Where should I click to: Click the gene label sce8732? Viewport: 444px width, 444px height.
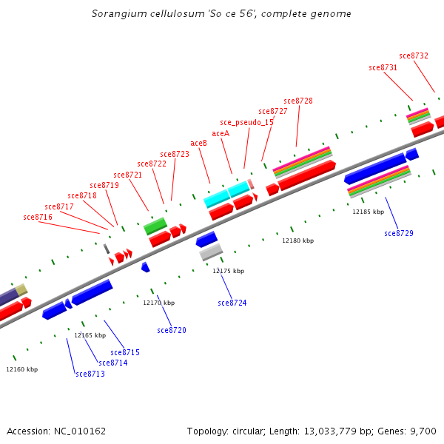coord(414,55)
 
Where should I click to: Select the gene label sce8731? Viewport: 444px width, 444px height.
coord(383,67)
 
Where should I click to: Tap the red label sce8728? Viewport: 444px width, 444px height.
coord(297,101)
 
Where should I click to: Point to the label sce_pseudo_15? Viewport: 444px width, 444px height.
coord(246,122)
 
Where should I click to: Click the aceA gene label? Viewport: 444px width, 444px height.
coord(221,133)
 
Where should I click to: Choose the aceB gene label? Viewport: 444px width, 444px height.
coord(198,143)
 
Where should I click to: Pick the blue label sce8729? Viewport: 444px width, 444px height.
coord(398,233)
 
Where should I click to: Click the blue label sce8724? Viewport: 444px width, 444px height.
coord(232,303)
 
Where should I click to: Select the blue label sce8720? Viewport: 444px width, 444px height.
coord(172,330)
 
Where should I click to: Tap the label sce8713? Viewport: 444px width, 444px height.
coord(90,374)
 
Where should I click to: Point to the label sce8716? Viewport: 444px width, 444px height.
coord(38,217)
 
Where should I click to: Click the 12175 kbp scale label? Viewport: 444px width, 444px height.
coord(228,271)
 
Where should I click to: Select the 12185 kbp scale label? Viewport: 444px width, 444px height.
coord(368,212)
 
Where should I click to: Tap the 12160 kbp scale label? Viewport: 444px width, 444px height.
coord(21,369)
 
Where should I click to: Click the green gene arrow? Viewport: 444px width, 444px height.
coord(155,226)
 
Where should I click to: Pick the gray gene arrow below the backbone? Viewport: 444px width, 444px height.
coord(211,252)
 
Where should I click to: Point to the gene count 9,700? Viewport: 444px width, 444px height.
coord(423,431)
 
